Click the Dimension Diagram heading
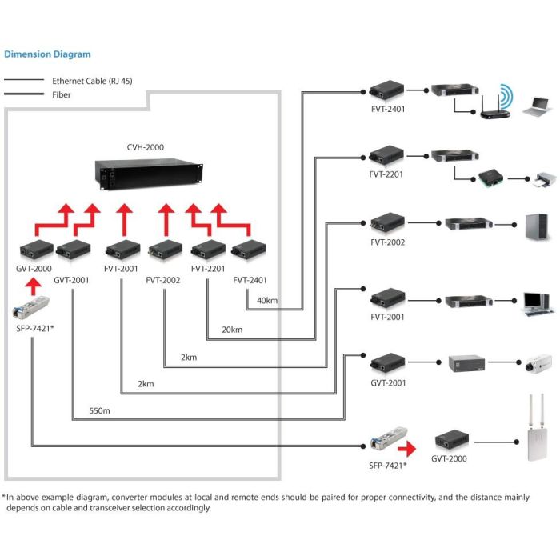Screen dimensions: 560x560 [x=47, y=54]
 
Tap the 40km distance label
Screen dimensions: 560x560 [x=267, y=301]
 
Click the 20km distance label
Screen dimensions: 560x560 [x=232, y=329]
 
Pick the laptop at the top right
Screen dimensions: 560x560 [x=535, y=106]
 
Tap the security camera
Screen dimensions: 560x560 [x=534, y=365]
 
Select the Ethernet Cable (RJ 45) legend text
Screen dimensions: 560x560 [x=92, y=81]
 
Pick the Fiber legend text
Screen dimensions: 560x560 [x=62, y=94]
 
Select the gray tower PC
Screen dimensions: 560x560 [x=534, y=227]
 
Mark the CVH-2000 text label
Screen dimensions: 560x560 [x=144, y=147]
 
